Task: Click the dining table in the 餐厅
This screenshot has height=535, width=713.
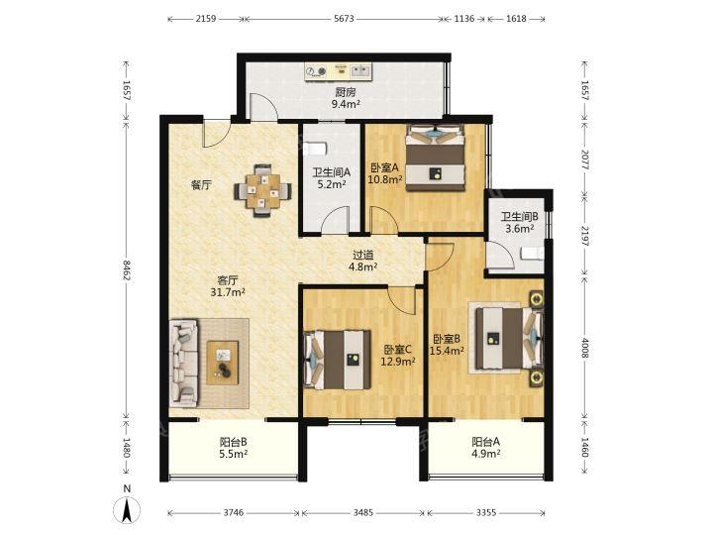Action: [262, 190]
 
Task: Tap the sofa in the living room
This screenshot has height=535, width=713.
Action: [184, 364]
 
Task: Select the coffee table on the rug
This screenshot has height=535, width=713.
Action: [223, 363]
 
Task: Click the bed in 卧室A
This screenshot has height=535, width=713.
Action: [436, 158]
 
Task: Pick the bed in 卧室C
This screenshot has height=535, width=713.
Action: [337, 360]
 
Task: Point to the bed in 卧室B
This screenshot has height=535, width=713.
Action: [509, 338]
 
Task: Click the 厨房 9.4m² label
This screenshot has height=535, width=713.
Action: [346, 98]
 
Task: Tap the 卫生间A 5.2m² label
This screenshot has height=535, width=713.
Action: [331, 178]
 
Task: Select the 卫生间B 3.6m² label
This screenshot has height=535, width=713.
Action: [519, 223]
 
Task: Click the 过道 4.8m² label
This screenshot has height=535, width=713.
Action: [362, 262]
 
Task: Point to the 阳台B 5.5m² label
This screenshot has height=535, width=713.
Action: [234, 448]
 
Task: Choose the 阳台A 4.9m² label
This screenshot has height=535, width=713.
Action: [486, 448]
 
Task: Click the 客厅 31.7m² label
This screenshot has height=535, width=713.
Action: [228, 286]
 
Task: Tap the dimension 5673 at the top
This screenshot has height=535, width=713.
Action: [344, 19]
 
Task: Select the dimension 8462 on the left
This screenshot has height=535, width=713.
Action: [127, 270]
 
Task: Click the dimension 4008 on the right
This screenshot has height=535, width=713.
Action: [585, 348]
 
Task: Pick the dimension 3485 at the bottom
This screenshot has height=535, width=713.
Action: [362, 513]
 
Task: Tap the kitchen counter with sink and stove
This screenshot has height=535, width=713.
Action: [339, 72]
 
